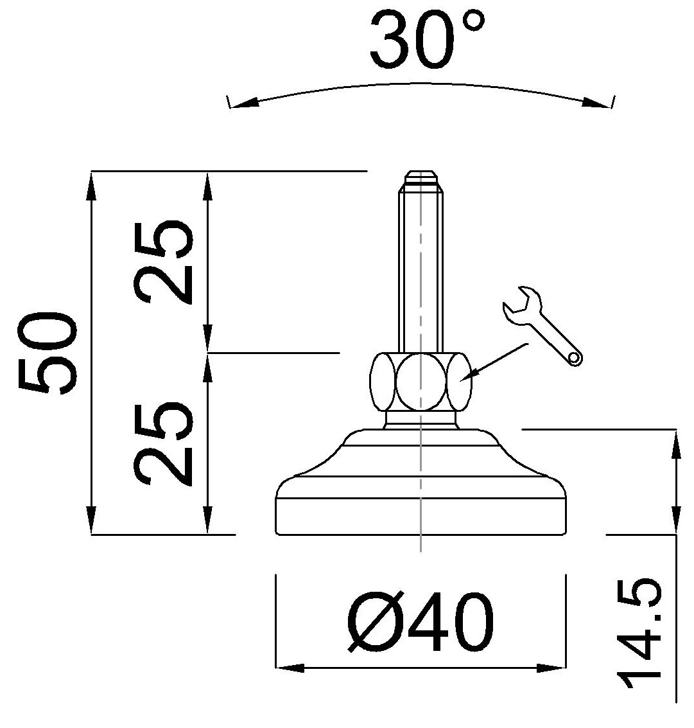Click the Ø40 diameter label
[x=421, y=621]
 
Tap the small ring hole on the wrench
[x=576, y=357]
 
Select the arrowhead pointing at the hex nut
[x=473, y=375]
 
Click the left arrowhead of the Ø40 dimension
[x=289, y=669]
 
